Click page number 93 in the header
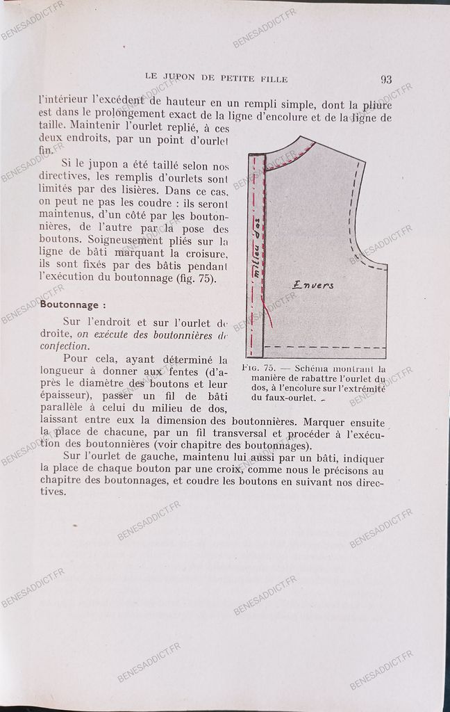click(x=385, y=79)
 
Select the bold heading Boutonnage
click(x=73, y=304)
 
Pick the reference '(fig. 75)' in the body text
click(x=201, y=280)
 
